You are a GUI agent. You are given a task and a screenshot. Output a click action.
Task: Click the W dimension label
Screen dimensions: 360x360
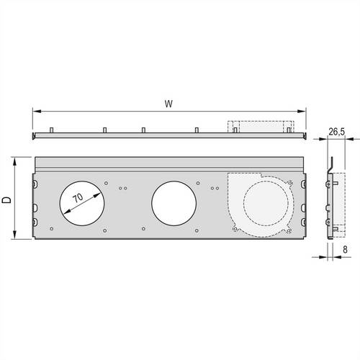tap(168, 103)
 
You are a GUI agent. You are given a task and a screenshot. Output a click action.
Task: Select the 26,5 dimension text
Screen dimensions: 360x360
tap(336, 132)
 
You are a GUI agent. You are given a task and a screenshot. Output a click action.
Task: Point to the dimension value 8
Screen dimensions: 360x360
tap(346, 251)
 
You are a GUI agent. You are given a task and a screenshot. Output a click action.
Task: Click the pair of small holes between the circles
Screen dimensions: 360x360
tap(122, 189)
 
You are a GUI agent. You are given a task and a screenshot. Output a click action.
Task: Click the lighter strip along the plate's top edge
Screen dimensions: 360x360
tap(170, 163)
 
